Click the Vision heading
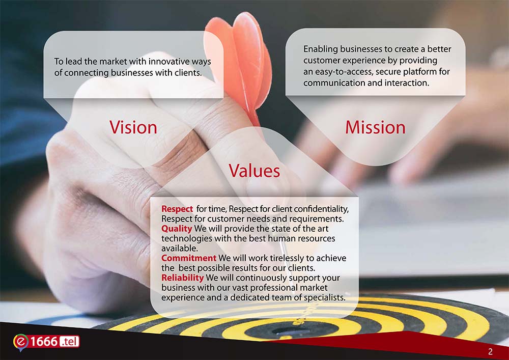click(x=133, y=127)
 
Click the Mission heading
click(x=375, y=127)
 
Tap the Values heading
click(x=254, y=171)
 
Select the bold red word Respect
click(x=177, y=209)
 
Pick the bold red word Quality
click(x=177, y=229)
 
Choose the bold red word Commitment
click(x=189, y=258)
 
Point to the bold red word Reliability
click(x=182, y=278)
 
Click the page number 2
click(x=490, y=351)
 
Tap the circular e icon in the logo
click(x=21, y=342)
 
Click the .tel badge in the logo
click(x=69, y=342)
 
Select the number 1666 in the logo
click(x=44, y=342)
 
